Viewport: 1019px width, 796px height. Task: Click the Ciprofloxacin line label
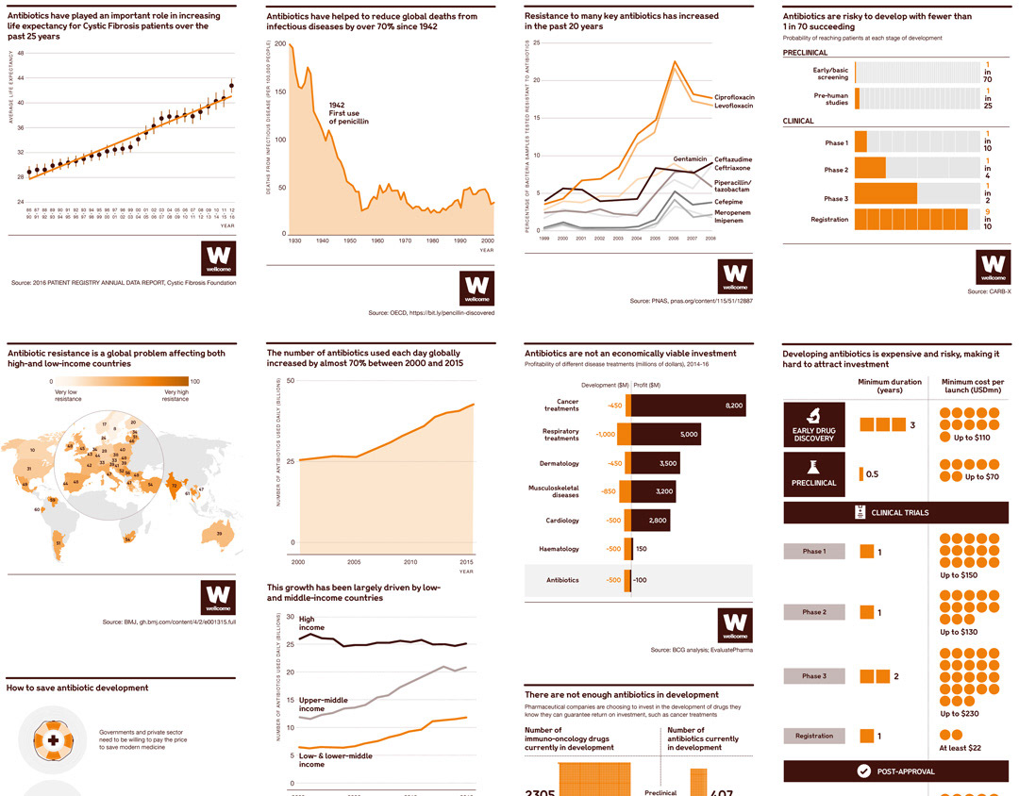(x=734, y=97)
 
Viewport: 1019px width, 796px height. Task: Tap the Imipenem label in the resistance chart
(x=732, y=220)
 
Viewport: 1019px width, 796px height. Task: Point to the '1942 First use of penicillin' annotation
(x=348, y=113)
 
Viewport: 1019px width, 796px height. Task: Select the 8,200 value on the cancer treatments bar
(x=734, y=406)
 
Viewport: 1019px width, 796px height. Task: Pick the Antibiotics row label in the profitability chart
(x=562, y=580)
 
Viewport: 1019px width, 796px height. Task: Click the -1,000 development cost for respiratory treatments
(x=605, y=435)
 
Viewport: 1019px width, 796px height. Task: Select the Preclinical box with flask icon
(x=812, y=473)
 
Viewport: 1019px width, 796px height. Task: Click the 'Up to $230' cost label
(x=959, y=714)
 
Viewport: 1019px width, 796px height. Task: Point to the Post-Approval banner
(x=896, y=771)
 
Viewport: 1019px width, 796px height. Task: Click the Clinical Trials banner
(x=896, y=512)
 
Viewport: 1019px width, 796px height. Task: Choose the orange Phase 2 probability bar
(x=870, y=169)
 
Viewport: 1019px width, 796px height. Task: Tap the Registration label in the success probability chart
(x=829, y=220)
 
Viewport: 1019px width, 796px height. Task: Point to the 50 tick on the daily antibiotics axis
(x=292, y=381)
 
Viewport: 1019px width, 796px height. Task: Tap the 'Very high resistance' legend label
(x=175, y=395)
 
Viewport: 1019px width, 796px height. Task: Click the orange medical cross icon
(x=53, y=741)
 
